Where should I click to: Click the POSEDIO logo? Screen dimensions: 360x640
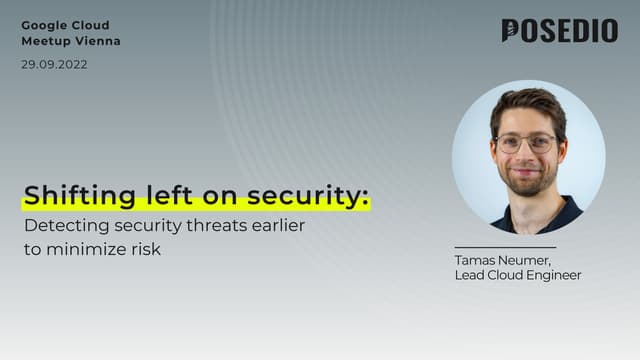point(559,31)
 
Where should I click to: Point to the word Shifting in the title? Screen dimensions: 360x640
point(66,195)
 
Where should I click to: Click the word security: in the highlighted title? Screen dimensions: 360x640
point(312,195)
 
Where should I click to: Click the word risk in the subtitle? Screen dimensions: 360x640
point(145,249)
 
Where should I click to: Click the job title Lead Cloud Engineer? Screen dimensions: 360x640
point(517,275)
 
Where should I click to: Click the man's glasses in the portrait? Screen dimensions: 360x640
point(526,143)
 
